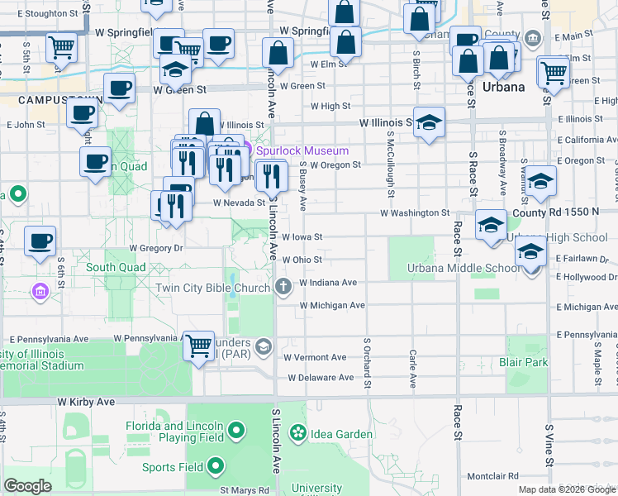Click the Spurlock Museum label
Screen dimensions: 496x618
tap(302, 151)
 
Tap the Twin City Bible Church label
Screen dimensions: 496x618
tap(214, 288)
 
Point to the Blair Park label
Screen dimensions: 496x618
tap(523, 363)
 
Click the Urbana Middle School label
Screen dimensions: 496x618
tap(463, 268)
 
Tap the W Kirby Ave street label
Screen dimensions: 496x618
tap(86, 401)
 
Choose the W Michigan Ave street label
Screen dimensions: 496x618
tap(332, 306)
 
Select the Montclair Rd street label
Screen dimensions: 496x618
tap(492, 476)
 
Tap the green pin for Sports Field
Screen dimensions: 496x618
tap(216, 466)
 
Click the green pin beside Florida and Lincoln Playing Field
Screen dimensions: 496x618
tap(237, 431)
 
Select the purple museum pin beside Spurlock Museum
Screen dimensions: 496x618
tap(246, 150)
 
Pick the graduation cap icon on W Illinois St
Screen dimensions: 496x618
tap(429, 122)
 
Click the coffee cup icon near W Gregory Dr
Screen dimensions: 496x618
tap(40, 241)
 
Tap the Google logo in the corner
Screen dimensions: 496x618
tap(27, 486)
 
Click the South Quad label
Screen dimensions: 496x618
tap(116, 268)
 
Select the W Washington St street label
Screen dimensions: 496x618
tap(414, 213)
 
